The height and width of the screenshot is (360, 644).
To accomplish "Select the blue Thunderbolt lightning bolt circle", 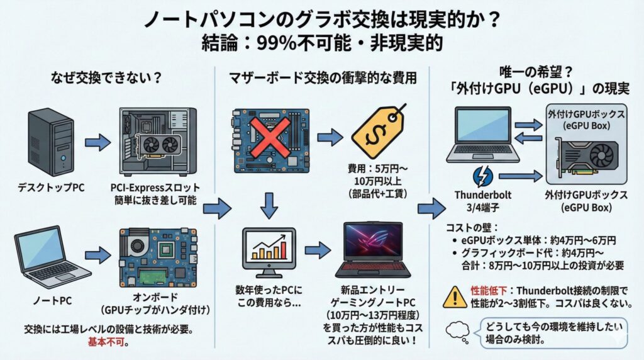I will click(x=482, y=175).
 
